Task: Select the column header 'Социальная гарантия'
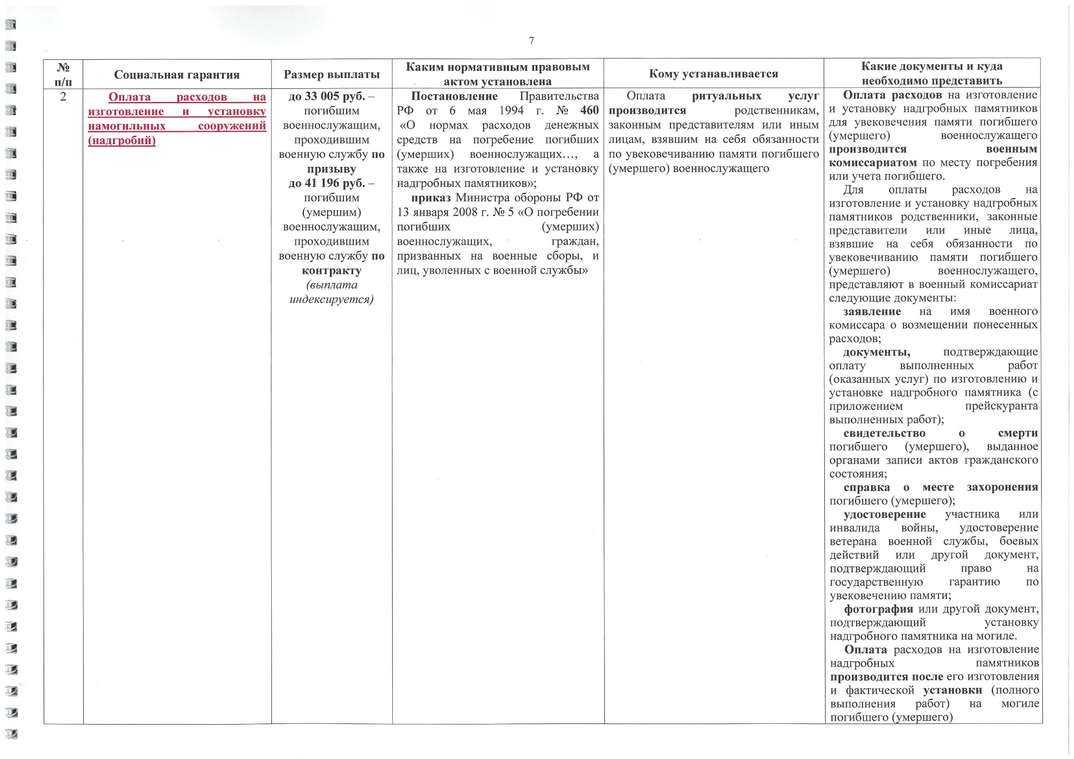tap(177, 75)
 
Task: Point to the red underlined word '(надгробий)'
tap(122, 140)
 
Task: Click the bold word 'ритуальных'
tap(726, 96)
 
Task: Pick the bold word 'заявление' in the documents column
tap(872, 311)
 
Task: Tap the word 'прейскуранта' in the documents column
tap(1001, 406)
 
